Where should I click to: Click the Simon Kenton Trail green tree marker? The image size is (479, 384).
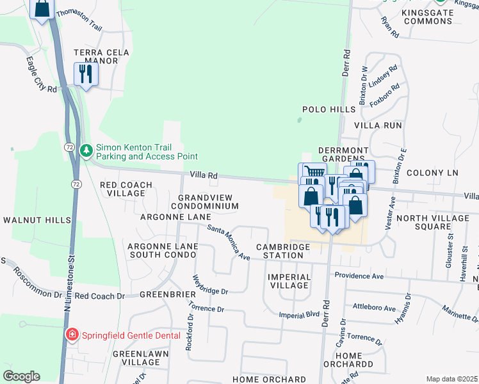point(86,150)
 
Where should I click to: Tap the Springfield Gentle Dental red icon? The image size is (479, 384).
point(73,335)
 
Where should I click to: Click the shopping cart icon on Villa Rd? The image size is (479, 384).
point(312,173)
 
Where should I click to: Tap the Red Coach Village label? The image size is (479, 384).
point(126,189)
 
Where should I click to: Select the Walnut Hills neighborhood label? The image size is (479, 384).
point(37,220)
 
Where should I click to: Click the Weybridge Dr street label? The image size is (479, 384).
point(210,285)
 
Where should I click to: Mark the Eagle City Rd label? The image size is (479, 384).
point(42,75)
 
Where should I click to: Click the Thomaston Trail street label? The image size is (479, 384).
point(79,20)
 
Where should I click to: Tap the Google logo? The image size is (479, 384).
point(21,376)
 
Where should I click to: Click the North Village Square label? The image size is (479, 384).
point(433,222)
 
